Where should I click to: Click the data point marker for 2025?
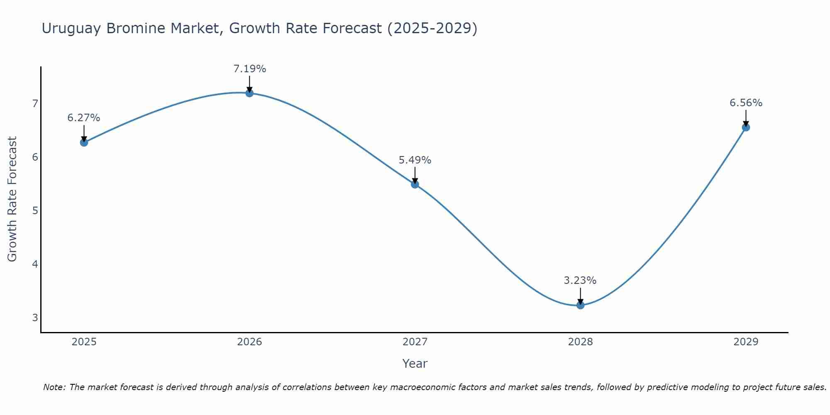pyautogui.click(x=84, y=142)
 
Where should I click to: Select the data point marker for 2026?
pyautogui.click(x=249, y=93)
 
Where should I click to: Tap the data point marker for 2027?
pyautogui.click(x=415, y=184)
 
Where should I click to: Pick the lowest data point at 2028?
pyautogui.click(x=580, y=305)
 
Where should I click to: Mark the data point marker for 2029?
pyautogui.click(x=746, y=127)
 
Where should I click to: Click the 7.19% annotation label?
pyautogui.click(x=249, y=69)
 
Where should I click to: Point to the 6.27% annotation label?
pyautogui.click(x=84, y=118)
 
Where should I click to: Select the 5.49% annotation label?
pyautogui.click(x=415, y=160)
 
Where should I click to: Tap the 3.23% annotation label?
pyautogui.click(x=580, y=281)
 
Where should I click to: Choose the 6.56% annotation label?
pyautogui.click(x=746, y=103)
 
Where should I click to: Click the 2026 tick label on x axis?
pyautogui.click(x=249, y=342)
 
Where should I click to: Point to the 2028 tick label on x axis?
pyautogui.click(x=580, y=342)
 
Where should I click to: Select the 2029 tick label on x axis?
pyautogui.click(x=746, y=342)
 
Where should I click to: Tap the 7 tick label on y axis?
pyautogui.click(x=35, y=103)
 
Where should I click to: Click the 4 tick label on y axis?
pyautogui.click(x=35, y=264)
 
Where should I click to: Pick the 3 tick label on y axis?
pyautogui.click(x=35, y=318)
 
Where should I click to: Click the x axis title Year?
pyautogui.click(x=415, y=364)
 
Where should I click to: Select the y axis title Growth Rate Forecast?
pyautogui.click(x=12, y=199)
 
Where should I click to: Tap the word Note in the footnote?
pyautogui.click(x=54, y=387)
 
